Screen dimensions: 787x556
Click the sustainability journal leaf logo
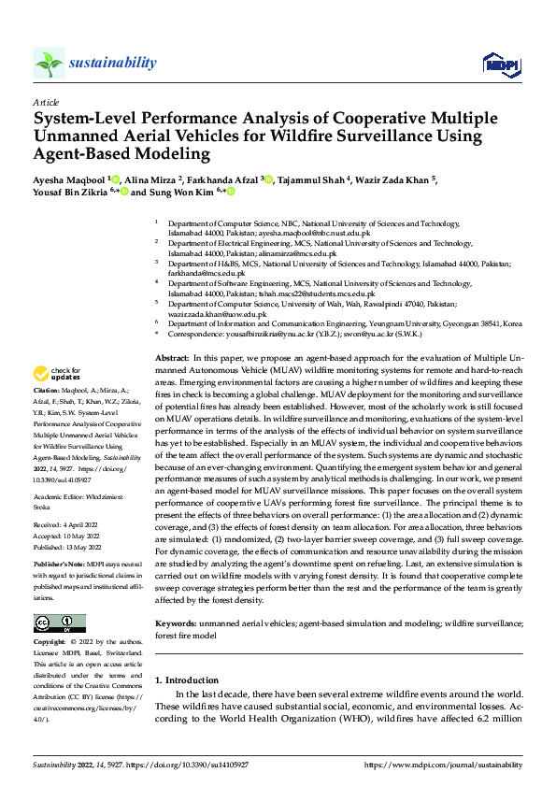[49, 64]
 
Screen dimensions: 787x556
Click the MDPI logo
[495, 63]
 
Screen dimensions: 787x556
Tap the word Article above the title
[46, 102]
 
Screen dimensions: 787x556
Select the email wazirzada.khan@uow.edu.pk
[218, 314]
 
